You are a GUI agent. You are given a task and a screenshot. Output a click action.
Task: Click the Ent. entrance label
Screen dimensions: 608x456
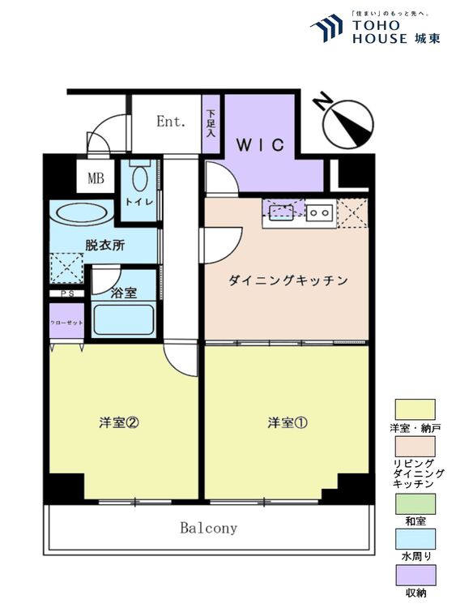171,122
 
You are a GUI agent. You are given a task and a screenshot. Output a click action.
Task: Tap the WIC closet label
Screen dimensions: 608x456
260,145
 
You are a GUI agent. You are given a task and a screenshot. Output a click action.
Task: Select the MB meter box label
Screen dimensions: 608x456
96,178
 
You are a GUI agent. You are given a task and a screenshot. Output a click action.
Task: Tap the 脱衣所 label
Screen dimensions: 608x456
105,246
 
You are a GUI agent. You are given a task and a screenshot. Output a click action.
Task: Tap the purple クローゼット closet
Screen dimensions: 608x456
66,320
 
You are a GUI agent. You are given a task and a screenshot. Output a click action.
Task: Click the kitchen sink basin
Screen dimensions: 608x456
280,212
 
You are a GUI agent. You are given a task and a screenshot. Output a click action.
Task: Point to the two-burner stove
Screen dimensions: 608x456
319,212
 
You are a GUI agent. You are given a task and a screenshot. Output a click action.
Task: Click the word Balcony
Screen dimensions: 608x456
208,528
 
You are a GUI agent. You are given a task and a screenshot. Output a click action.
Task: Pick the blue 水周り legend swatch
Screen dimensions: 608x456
415,539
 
